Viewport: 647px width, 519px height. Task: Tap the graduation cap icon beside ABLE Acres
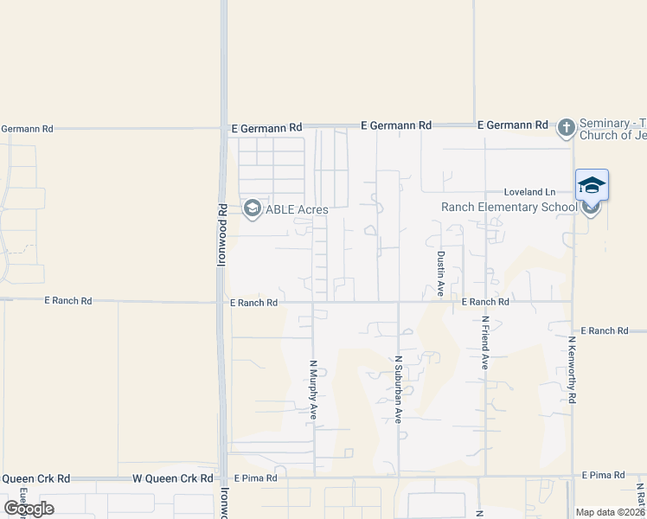(252, 208)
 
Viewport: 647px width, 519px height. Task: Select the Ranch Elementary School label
(509, 207)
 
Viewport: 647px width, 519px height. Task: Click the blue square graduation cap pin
(592, 185)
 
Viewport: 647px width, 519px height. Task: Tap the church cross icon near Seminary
(566, 129)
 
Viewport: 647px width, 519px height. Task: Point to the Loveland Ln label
(530, 192)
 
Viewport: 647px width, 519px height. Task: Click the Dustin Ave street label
(440, 274)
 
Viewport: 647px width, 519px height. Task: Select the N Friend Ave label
(485, 343)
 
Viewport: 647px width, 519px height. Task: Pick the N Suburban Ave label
(399, 389)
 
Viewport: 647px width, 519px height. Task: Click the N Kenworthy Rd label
(572, 369)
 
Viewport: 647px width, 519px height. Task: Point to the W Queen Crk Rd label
(172, 478)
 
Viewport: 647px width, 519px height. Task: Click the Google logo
(29, 509)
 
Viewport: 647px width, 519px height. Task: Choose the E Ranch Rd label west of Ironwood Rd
(68, 301)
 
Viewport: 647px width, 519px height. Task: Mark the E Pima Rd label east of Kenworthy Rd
(603, 476)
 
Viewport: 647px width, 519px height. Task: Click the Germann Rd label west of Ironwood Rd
(27, 129)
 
